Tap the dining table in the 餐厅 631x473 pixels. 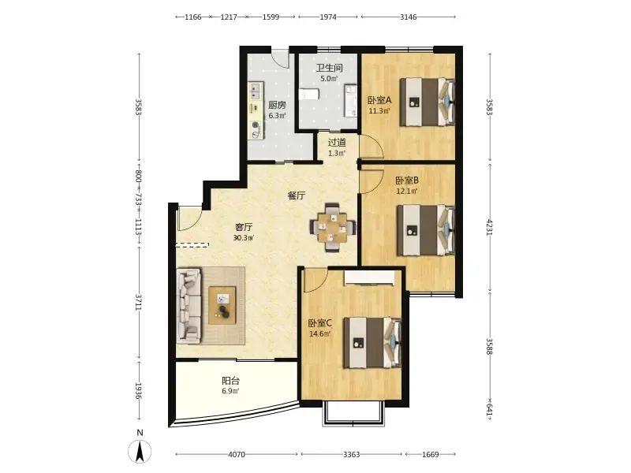pyautogui.click(x=332, y=228)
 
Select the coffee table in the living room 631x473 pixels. pyautogui.click(x=222, y=305)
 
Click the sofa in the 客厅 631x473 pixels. pyautogui.click(x=189, y=306)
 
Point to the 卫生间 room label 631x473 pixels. pyautogui.click(x=329, y=68)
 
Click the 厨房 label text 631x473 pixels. pyautogui.click(x=278, y=105)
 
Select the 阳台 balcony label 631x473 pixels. pyautogui.click(x=230, y=381)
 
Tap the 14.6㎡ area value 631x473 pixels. pyautogui.click(x=320, y=333)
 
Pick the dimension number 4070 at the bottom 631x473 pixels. pyautogui.click(x=236, y=455)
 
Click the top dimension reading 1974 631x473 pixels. pyautogui.click(x=328, y=17)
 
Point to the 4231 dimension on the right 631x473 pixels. pyautogui.click(x=489, y=227)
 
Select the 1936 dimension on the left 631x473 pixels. pyautogui.click(x=138, y=390)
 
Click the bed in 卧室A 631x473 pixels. pyautogui.click(x=427, y=102)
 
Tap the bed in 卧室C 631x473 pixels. pyautogui.click(x=372, y=343)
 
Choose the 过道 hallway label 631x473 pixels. pyautogui.click(x=337, y=143)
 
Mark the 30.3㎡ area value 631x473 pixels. pyautogui.click(x=244, y=238)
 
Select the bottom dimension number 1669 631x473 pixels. pyautogui.click(x=430, y=455)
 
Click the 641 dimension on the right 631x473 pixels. pyautogui.click(x=489, y=410)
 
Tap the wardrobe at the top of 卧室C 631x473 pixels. pyautogui.click(x=369, y=277)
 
